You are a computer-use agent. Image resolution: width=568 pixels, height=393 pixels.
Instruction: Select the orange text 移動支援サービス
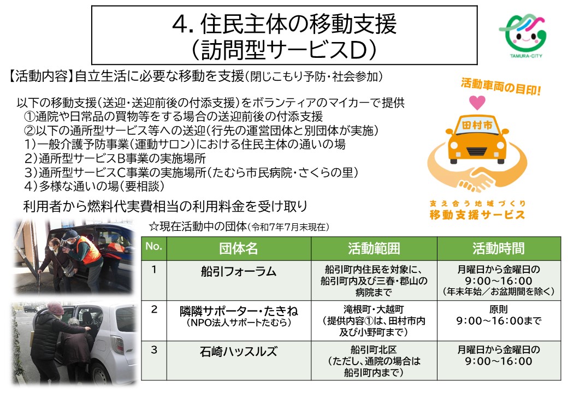[477, 215]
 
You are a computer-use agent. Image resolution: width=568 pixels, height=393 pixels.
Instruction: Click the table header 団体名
[238, 249]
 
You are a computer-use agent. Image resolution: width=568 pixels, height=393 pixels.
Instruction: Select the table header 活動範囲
[374, 249]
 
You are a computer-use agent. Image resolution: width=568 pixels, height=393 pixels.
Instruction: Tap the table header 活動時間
[498, 249]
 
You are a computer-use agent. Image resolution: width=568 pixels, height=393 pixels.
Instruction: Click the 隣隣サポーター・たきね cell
[238, 312]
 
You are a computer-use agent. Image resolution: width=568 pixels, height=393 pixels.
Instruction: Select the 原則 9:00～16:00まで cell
[498, 315]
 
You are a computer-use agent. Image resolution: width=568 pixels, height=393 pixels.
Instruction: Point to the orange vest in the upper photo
[87, 251]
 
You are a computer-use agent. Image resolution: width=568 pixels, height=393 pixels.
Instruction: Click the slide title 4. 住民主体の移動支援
[283, 24]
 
